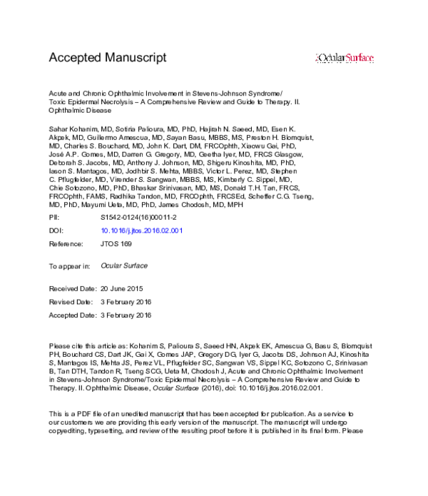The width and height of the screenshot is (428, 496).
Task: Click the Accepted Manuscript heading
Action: coord(107,57)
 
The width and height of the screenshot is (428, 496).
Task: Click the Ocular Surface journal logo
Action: coord(345,58)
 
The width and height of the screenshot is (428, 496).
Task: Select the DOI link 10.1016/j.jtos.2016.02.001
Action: coord(142,231)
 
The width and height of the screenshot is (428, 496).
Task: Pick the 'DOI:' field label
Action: coord(56,231)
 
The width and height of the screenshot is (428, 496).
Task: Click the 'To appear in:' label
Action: coord(69,265)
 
